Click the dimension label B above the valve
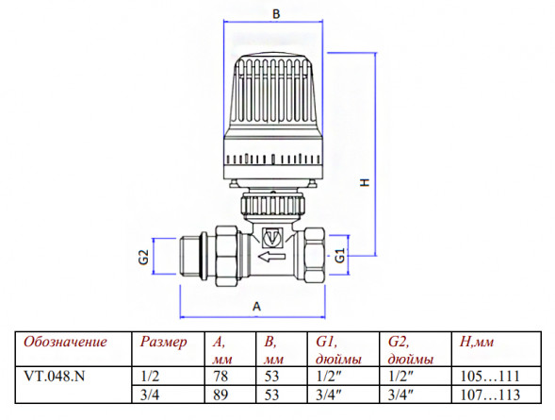[276, 14]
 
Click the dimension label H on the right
[365, 182]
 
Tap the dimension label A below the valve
[257, 306]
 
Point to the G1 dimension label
[339, 255]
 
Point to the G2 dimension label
[143, 257]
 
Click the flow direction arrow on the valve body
[271, 256]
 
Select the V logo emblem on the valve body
[272, 238]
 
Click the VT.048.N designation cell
[54, 376]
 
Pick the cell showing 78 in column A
[220, 376]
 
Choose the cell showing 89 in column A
[220, 395]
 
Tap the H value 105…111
[490, 376]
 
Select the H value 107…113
[490, 395]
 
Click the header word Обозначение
[65, 342]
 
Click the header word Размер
[163, 342]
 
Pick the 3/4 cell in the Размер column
[150, 395]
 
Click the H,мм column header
[477, 342]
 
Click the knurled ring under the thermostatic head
[272, 205]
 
